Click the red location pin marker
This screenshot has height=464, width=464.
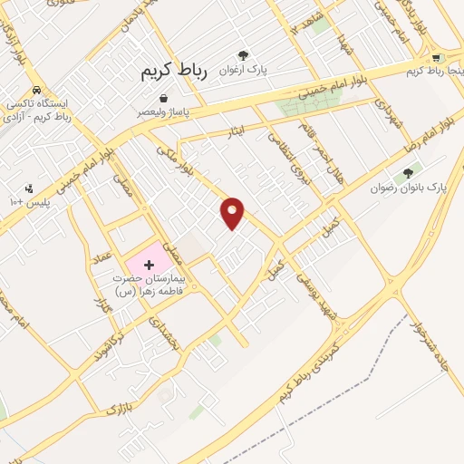(x=233, y=211)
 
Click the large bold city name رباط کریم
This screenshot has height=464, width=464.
(x=174, y=73)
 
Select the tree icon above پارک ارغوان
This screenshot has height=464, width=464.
(x=243, y=55)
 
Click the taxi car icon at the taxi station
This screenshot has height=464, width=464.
(x=35, y=90)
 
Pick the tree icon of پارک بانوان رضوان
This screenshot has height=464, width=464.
(x=409, y=172)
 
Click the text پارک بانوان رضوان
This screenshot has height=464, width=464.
(x=410, y=188)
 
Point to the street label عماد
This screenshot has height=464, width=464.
(x=101, y=262)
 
